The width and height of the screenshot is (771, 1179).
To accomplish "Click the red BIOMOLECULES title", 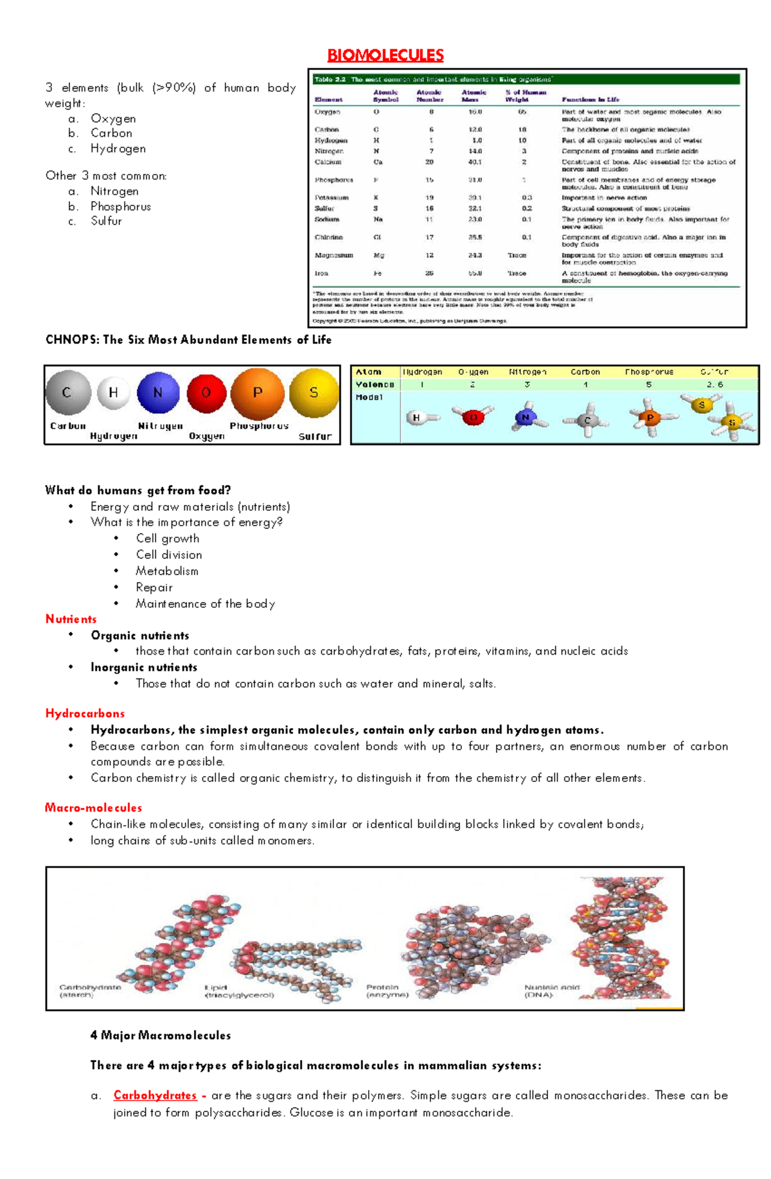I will click(x=385, y=55).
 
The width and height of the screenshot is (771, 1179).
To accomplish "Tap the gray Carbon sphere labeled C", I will click(x=67, y=393).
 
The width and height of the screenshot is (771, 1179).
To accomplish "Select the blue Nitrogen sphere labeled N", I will click(x=157, y=393).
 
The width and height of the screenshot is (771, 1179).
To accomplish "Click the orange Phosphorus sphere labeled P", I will click(x=257, y=393).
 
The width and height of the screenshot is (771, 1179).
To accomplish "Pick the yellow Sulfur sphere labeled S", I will click(x=314, y=393).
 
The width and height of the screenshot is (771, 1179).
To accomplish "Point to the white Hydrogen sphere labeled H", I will click(x=113, y=393).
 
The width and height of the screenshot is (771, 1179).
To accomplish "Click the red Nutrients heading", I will click(x=71, y=619).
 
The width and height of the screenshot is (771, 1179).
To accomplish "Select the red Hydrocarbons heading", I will click(x=85, y=713).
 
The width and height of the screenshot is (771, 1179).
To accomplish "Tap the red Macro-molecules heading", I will click(x=93, y=808).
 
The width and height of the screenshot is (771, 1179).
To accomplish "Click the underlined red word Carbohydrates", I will click(x=155, y=1095).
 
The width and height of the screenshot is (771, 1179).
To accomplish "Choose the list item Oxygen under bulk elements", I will click(x=113, y=118).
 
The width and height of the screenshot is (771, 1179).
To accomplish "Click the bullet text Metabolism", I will click(x=167, y=571).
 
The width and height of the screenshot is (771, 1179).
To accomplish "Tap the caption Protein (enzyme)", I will click(x=387, y=991).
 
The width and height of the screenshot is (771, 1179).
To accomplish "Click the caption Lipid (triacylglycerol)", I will click(x=239, y=991).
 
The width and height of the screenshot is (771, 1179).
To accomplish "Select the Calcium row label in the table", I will click(x=328, y=162).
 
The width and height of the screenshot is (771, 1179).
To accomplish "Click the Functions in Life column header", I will click(x=590, y=100).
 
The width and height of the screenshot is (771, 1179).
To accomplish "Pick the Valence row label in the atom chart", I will click(x=375, y=384).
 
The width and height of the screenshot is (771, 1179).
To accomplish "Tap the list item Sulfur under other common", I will click(x=106, y=220).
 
